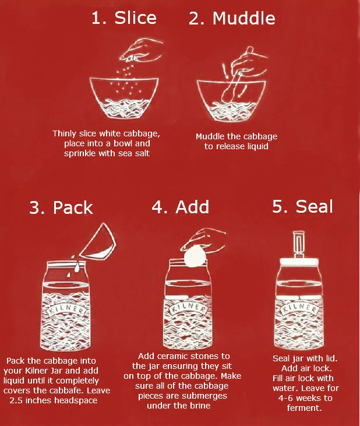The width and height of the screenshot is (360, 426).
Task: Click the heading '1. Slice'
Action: [123, 18]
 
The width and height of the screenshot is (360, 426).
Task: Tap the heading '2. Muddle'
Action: [232, 18]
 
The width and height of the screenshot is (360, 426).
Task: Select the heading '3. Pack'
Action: [61, 207]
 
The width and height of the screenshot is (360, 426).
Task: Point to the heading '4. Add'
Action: [180, 207]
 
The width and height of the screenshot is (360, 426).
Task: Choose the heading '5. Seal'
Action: [302, 207]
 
